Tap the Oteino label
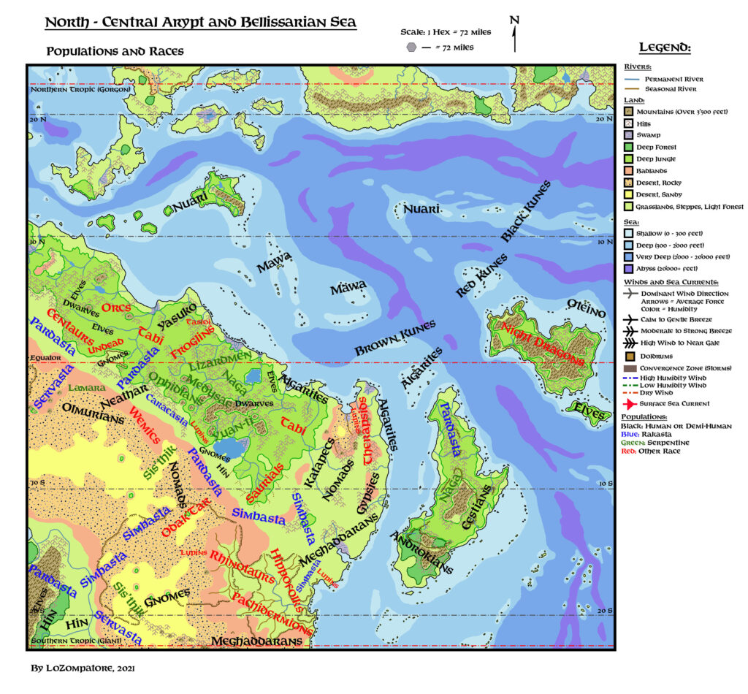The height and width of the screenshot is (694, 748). [587, 308]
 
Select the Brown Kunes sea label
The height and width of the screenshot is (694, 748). [395, 339]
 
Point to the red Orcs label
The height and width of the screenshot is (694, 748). [117, 308]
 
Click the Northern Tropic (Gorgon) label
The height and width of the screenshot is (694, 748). [80, 89]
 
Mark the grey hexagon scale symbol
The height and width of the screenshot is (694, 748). [413, 47]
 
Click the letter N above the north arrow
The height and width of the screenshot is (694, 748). [514, 20]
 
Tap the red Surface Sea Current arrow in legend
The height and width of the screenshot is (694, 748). [628, 403]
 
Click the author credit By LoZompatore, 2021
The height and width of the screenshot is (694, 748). [82, 668]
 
